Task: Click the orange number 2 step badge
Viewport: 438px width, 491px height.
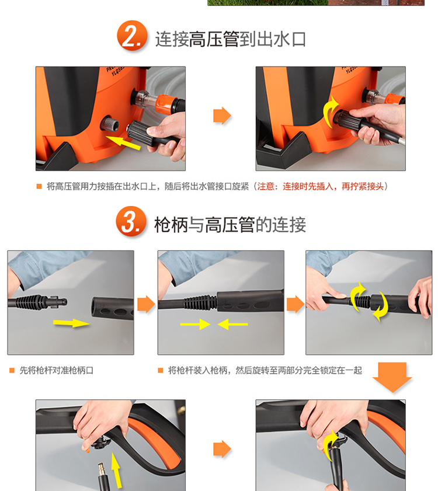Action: [x=132, y=36]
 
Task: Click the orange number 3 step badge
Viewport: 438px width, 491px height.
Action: [x=131, y=221]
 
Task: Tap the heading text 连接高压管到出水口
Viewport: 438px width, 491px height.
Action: [x=230, y=39]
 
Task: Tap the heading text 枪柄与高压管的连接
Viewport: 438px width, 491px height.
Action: [x=230, y=225]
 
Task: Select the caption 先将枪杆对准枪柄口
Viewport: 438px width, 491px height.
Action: [x=57, y=371]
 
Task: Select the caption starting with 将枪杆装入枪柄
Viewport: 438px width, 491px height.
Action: [x=265, y=371]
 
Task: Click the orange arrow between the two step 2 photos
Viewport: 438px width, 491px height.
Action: [x=222, y=116]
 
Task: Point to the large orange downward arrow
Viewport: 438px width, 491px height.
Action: [x=392, y=377]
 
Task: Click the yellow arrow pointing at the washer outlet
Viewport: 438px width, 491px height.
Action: [x=123, y=142]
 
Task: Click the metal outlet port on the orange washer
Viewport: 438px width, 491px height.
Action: [x=110, y=124]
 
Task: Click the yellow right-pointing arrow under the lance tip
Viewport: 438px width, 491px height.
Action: [x=71, y=323]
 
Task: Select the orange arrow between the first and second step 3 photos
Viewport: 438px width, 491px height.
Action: [x=147, y=304]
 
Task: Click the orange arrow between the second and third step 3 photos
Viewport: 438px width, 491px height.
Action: [x=296, y=304]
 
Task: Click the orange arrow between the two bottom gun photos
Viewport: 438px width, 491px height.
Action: [x=222, y=449]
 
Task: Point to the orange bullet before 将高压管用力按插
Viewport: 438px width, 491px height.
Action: [x=39, y=186]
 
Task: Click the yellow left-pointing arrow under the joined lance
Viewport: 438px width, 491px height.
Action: [x=232, y=324]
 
